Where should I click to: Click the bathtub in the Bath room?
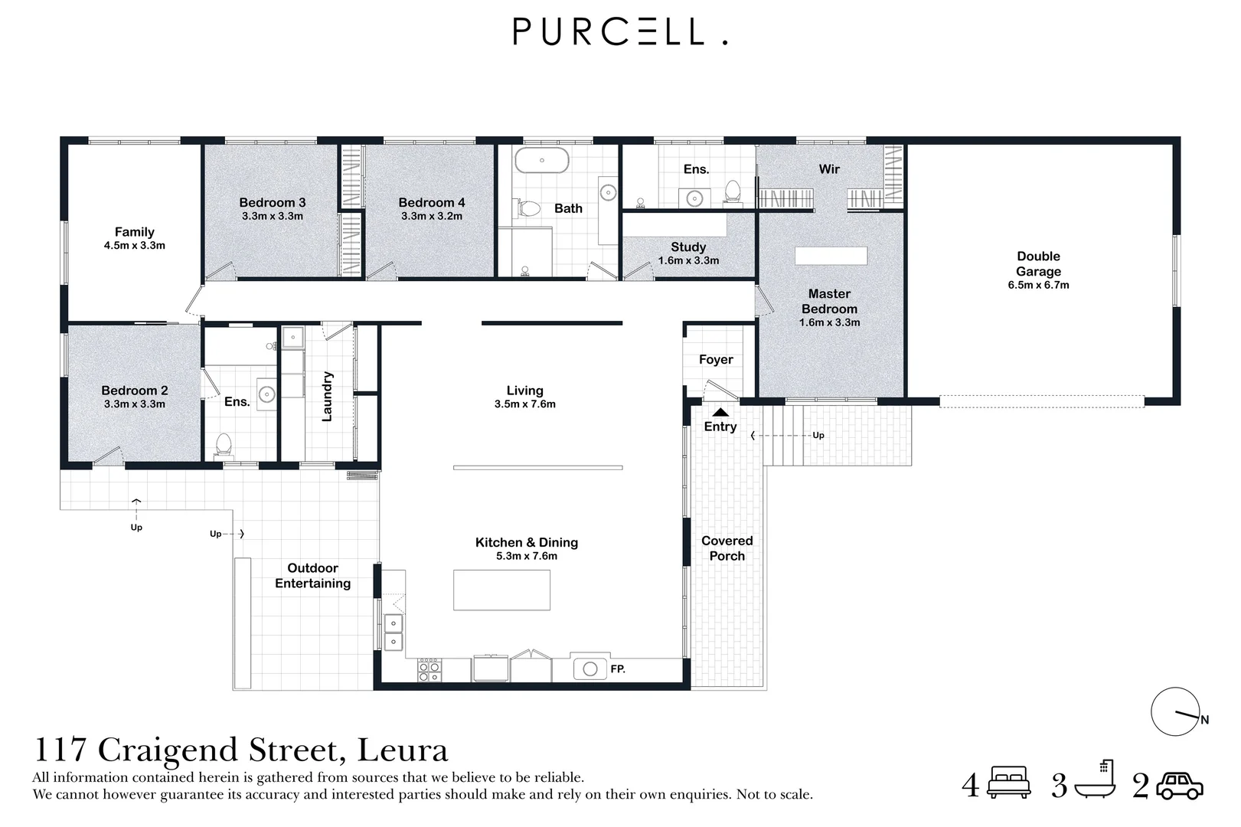coord(541,160)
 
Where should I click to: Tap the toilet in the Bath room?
coord(528,208)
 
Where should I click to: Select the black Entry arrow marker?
coord(720,412)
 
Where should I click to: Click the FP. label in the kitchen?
coord(618,669)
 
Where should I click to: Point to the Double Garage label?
coord(1038,264)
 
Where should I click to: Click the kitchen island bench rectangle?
coord(501,590)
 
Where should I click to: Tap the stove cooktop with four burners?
coord(429,669)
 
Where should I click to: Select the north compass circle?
coord(1174,711)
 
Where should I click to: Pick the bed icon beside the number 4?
coord(1010,782)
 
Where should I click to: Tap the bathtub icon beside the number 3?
coord(1095,780)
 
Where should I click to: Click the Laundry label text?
coord(328,397)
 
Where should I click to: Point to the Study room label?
coord(688,247)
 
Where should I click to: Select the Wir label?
coord(829,169)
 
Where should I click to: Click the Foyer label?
coord(716,360)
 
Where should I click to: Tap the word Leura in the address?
coord(402,750)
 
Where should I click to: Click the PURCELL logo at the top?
coord(620,31)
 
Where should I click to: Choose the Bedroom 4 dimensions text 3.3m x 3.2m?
coord(432,216)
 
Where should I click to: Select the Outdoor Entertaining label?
coord(312,575)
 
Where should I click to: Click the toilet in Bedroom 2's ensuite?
coord(224,444)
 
